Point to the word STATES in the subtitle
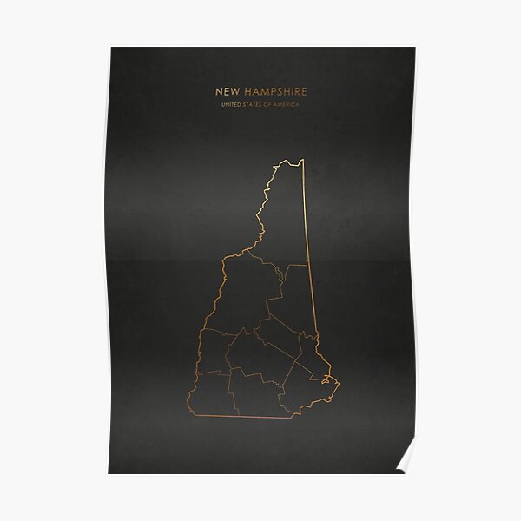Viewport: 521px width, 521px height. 256,105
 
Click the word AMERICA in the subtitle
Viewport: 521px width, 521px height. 293,105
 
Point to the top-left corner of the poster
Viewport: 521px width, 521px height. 109,48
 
